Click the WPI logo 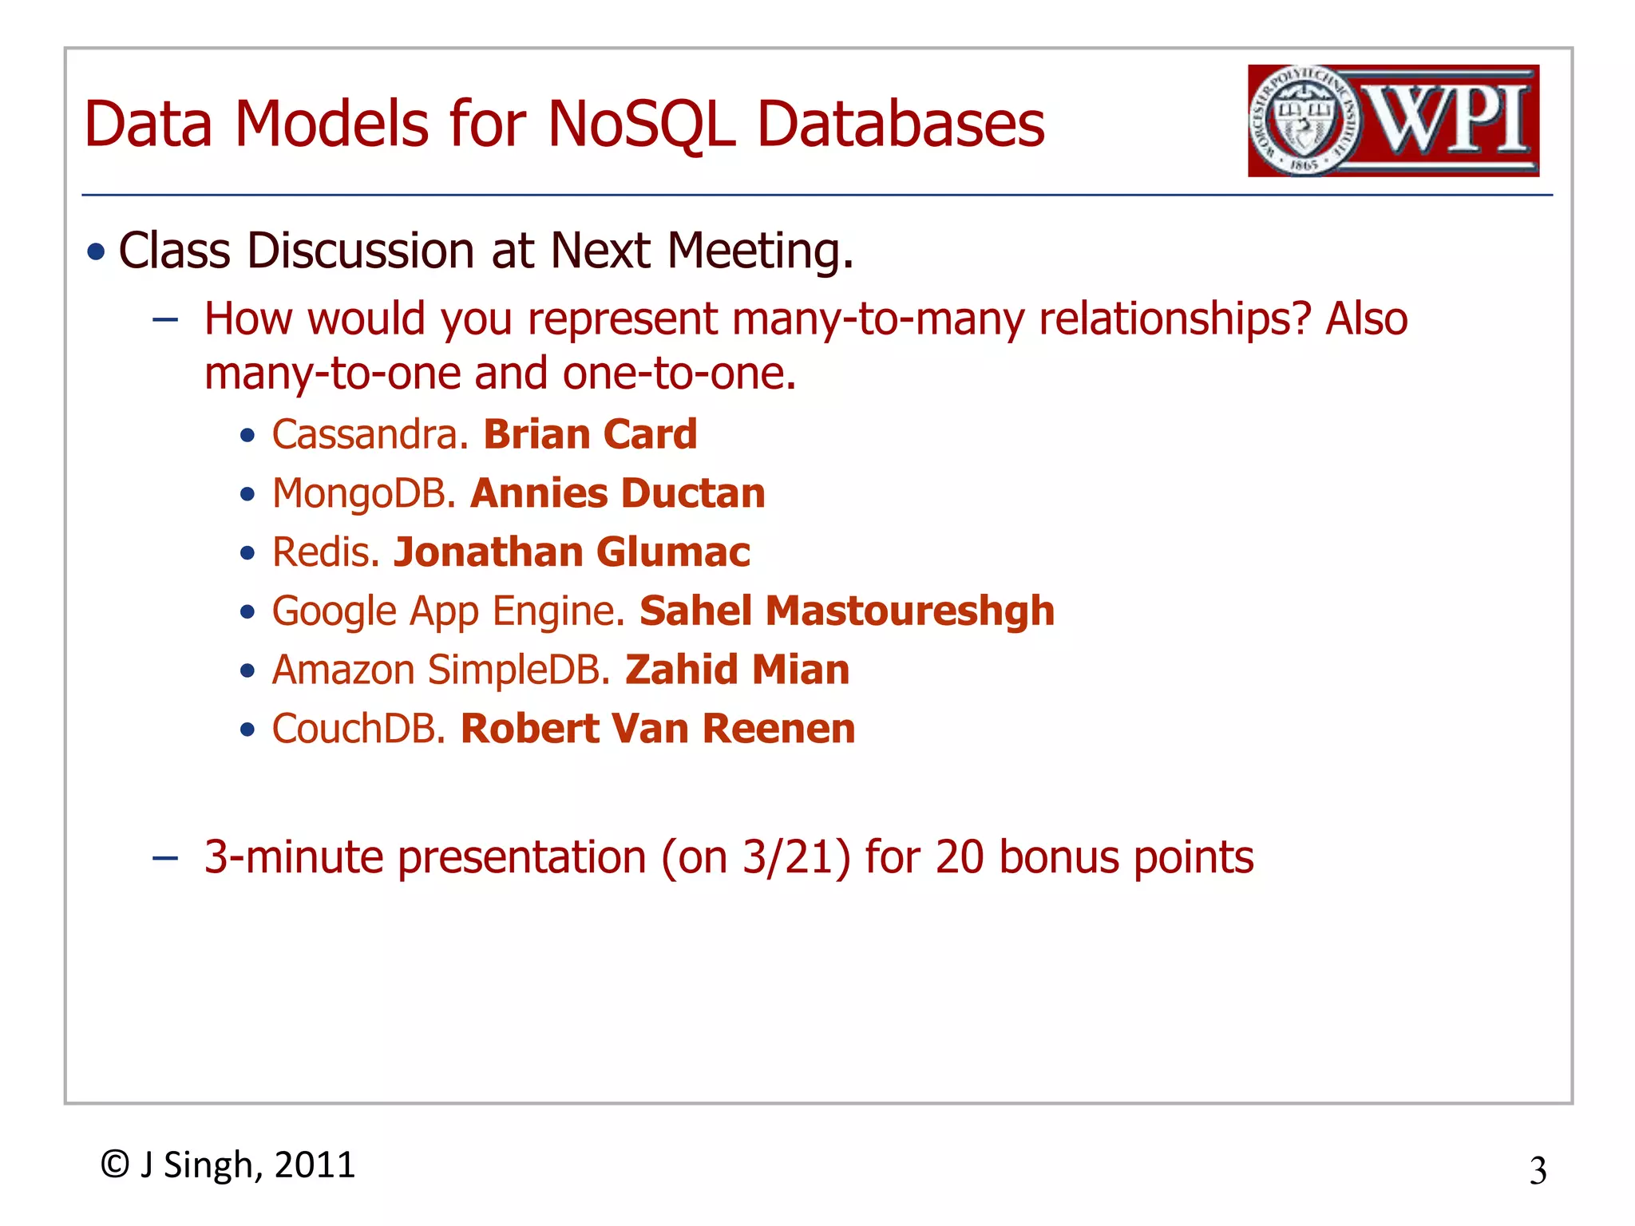click(x=1393, y=121)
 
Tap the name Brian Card click(x=590, y=435)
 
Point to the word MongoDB click(x=363, y=494)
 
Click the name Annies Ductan click(x=618, y=494)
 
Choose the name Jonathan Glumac click(x=572, y=552)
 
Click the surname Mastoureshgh click(x=910, y=611)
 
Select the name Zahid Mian click(x=737, y=670)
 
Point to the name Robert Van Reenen click(x=658, y=729)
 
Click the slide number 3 click(x=1538, y=1171)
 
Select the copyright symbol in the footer click(x=115, y=1165)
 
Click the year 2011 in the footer click(x=315, y=1165)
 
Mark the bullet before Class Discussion click(x=97, y=253)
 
